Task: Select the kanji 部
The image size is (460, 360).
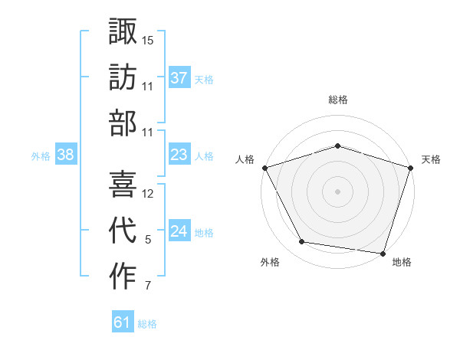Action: point(123,123)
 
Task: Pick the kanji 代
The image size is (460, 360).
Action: point(123,231)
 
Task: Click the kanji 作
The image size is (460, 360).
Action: point(123,277)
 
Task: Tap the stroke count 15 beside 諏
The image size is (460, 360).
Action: point(148,39)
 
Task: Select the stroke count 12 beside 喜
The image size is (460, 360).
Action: point(148,194)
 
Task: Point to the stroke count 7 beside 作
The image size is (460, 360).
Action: point(148,287)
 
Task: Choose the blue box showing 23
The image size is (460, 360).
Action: point(179,155)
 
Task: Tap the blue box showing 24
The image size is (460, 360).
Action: point(179,231)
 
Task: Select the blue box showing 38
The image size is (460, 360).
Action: point(65,155)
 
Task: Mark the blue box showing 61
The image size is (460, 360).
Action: point(122,322)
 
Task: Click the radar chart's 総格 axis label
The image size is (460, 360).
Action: point(337,100)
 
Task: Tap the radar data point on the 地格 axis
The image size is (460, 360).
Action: point(382,253)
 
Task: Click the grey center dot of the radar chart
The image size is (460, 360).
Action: point(337,191)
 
